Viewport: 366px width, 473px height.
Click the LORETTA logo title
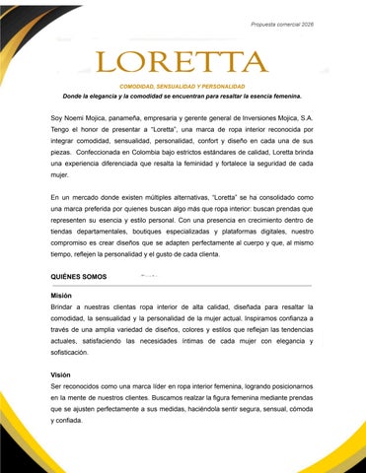click(x=183, y=64)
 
